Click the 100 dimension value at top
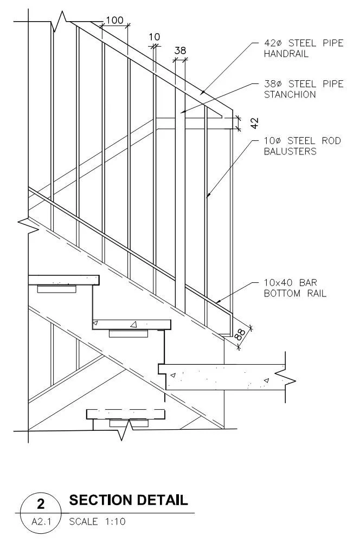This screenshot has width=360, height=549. (114, 21)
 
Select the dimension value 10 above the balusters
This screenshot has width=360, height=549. (155, 37)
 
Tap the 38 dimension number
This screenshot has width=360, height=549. (180, 50)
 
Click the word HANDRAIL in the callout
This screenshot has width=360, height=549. (286, 54)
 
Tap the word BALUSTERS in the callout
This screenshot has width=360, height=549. (290, 151)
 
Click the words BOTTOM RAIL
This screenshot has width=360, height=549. (295, 294)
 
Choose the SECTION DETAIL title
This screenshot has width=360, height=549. (128, 500)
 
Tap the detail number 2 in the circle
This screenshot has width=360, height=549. (40, 504)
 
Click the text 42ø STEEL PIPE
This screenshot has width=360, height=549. (303, 43)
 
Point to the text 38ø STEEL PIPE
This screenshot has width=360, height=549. (303, 84)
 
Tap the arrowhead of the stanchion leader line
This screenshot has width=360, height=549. (182, 113)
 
